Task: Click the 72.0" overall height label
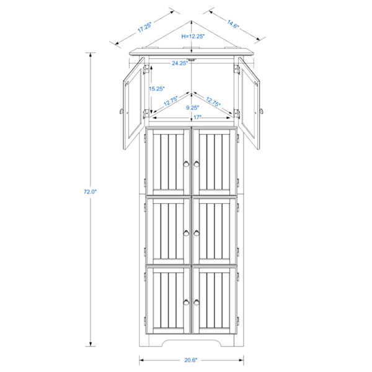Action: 90,192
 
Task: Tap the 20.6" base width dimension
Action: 191,360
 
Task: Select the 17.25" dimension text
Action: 144,27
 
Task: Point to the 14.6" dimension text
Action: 233,24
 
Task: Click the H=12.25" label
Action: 193,37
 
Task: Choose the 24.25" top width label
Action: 180,63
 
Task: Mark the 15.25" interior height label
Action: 157,89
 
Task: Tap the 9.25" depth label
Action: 192,108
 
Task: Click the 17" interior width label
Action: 197,117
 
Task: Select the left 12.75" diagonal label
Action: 171,101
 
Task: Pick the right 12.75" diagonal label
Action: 213,102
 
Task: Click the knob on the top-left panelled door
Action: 186,164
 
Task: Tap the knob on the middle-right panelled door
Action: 197,233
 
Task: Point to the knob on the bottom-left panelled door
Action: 186,303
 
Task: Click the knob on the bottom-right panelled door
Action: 197,303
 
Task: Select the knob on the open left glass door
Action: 122,111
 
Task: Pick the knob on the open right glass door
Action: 262,111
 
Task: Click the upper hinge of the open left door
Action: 146,69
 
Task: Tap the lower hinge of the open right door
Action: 237,113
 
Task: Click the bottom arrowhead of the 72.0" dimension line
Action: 90,344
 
